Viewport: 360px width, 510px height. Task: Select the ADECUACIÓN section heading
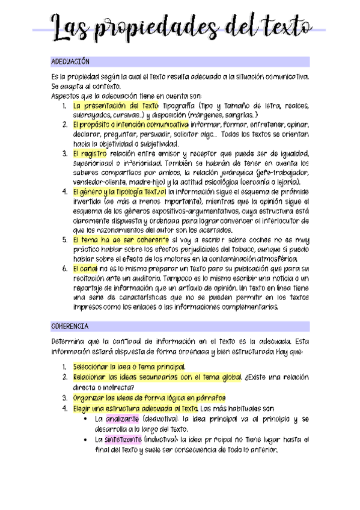[x=71, y=61]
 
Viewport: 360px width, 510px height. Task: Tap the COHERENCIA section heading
[x=70, y=326]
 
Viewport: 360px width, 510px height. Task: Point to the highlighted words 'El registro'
[x=91, y=154]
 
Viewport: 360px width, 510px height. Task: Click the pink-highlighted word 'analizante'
[x=123, y=419]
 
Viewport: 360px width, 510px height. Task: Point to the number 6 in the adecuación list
[x=65, y=268]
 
